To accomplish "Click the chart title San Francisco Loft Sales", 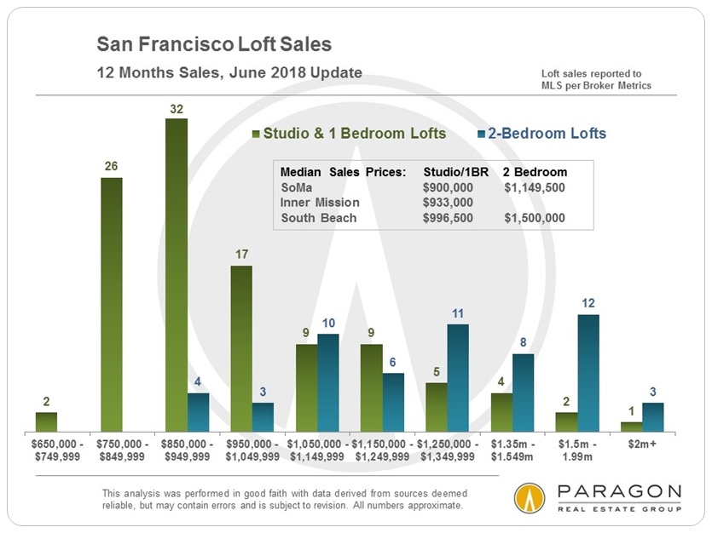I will click(214, 43).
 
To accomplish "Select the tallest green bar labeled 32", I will click(177, 274).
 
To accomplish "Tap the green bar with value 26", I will click(112, 304).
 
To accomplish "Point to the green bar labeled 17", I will click(241, 348).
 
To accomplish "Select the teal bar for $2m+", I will click(653, 416).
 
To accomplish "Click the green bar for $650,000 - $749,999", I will click(47, 421).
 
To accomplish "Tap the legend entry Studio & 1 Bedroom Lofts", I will click(355, 134).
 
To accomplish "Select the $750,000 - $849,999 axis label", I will click(123, 450).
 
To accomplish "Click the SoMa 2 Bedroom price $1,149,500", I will click(535, 187).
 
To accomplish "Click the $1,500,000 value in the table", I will click(535, 218).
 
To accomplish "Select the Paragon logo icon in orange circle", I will click(530, 498).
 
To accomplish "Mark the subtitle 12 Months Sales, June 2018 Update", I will click(229, 72).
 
